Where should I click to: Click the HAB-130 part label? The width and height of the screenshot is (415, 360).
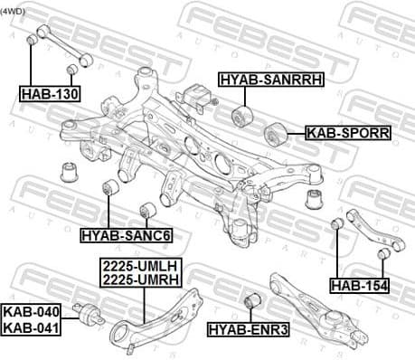click(x=50, y=92)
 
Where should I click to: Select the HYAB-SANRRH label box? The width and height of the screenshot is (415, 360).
click(x=269, y=81)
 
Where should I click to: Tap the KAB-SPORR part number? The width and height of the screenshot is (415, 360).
click(x=347, y=132)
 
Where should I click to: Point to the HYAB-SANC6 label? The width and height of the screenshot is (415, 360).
click(x=126, y=235)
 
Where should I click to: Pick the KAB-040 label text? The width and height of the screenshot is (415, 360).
click(x=27, y=310)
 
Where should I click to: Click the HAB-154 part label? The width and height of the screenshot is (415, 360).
click(x=359, y=286)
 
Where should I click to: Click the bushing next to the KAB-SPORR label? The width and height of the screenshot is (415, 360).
click(x=274, y=136)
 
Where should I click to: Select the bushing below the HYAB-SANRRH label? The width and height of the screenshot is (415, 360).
click(x=241, y=116)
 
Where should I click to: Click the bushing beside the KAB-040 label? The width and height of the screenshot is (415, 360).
click(x=89, y=317)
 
